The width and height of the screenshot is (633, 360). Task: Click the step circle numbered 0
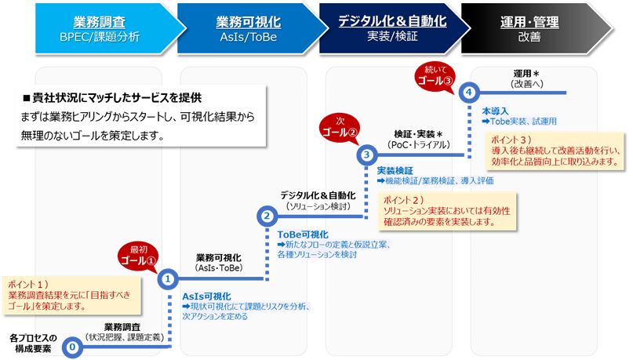click(72, 346)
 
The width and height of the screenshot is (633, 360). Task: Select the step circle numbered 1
click(168, 278)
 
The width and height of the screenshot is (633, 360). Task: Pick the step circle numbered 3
click(367, 155)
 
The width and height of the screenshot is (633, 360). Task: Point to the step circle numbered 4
click(467, 92)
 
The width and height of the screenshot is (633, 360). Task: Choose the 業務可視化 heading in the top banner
click(242, 21)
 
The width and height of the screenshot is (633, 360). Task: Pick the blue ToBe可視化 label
click(302, 235)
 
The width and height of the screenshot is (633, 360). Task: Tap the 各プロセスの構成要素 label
click(34, 343)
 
